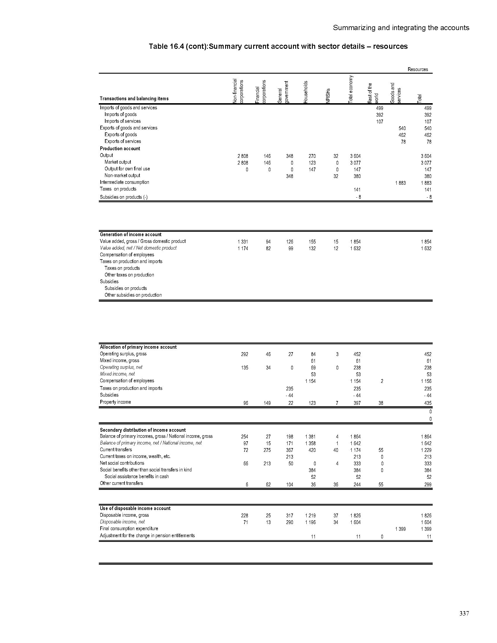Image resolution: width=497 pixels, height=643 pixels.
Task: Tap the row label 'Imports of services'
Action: [x=122, y=121]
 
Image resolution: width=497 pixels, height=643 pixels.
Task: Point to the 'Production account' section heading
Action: [x=120, y=149]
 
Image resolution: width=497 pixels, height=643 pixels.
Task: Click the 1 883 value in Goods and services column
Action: [x=400, y=183]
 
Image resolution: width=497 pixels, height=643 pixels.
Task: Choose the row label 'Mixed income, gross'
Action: [x=119, y=361]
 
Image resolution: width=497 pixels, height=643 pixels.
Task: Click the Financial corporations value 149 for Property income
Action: [x=267, y=403]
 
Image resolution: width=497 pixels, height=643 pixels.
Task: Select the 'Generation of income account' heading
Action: [x=130, y=235]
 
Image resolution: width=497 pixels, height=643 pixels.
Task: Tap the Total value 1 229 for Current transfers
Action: [x=426, y=450]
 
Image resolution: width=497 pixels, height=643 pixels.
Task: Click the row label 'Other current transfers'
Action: [x=121, y=483]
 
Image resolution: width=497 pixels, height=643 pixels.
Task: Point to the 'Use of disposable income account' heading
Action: [x=135, y=509]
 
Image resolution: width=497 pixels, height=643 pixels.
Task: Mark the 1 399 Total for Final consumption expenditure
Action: [x=426, y=529]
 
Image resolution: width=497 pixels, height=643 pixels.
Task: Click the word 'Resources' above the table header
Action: [x=417, y=70]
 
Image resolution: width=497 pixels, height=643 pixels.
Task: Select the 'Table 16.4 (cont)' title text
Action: [x=278, y=46]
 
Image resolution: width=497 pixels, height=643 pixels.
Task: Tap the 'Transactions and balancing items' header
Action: [x=134, y=98]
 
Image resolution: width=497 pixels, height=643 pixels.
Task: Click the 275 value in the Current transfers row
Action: [x=267, y=450]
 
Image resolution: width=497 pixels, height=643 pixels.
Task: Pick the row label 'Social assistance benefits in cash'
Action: [x=137, y=476]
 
